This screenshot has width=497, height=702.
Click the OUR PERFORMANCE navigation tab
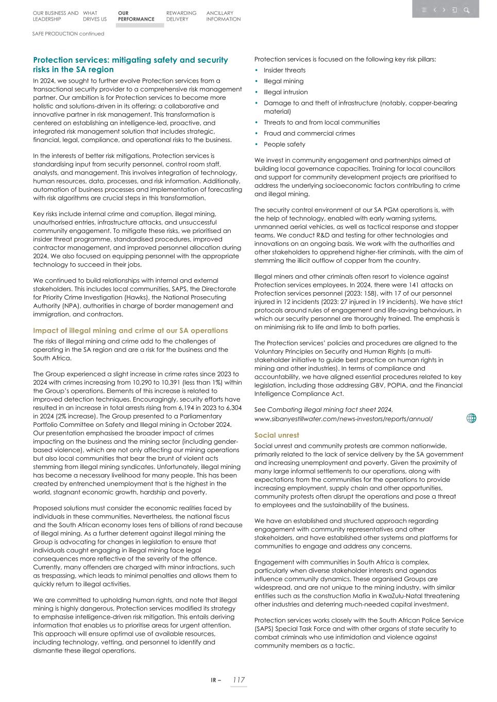point(135,16)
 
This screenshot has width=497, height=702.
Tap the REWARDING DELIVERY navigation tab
point(181,16)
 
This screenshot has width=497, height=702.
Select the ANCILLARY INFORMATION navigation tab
point(223,16)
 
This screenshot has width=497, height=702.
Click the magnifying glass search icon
point(466,10)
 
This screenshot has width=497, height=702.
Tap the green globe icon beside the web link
point(471,418)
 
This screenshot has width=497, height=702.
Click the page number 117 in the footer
point(238,680)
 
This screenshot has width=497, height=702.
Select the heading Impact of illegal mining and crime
point(130,331)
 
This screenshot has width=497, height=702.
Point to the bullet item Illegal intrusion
point(285,92)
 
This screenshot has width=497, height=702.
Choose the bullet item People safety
point(284,145)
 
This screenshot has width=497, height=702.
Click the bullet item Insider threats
point(284,70)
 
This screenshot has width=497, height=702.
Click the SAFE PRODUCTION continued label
point(68,34)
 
